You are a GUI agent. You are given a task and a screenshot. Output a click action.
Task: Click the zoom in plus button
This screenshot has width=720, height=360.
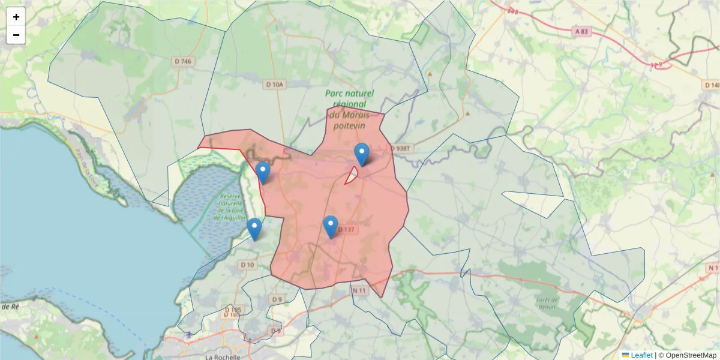coord(16,17)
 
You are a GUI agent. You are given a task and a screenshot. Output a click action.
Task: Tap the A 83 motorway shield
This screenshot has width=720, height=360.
coord(581,31)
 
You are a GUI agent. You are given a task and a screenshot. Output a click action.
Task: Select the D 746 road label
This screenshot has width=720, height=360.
coord(184,61)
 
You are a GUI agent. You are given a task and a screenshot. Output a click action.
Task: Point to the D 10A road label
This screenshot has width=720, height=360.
coord(274,85)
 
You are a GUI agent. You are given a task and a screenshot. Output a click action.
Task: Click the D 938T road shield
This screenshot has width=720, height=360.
coord(402,148)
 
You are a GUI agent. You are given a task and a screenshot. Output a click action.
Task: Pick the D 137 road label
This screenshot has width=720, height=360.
coord(347,229)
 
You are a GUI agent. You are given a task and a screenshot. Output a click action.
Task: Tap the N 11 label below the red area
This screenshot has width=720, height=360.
coord(359,290)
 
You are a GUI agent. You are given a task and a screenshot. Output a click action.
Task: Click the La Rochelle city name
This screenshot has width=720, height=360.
coord(223,356)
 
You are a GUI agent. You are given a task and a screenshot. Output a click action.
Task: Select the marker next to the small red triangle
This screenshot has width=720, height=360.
coord(361,154)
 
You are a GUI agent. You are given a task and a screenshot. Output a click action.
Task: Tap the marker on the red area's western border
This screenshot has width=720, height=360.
coord(263,173)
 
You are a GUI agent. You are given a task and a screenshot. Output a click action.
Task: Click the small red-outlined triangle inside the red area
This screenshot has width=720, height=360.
coord(352,176)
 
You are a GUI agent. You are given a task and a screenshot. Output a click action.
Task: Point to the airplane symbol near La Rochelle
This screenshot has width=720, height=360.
coord(190,334)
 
